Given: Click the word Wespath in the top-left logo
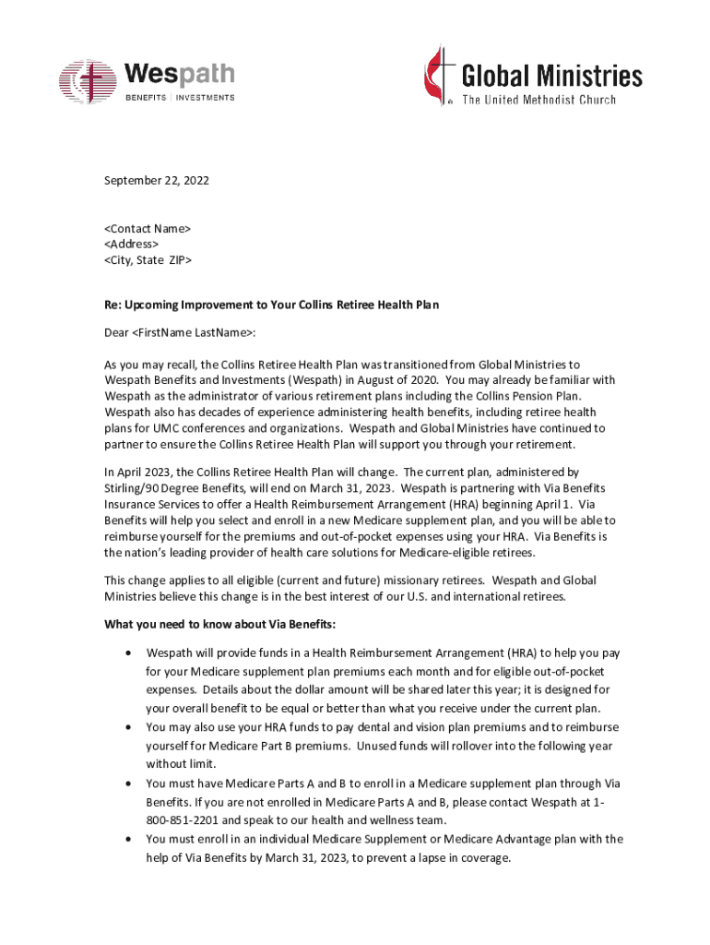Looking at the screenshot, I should click(179, 74).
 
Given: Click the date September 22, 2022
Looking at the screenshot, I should click(156, 181).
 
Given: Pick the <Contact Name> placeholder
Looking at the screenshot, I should click(147, 227).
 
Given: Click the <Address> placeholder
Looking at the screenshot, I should click(131, 244).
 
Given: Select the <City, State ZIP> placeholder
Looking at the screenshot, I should click(148, 260).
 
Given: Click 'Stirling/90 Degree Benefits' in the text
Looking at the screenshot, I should click(176, 487).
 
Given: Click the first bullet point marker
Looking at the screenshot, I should click(127, 653).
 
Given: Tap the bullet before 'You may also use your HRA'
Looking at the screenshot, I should click(127, 728).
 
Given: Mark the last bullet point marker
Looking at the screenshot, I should click(127, 840).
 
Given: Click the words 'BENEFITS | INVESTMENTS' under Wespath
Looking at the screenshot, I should click(180, 98).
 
